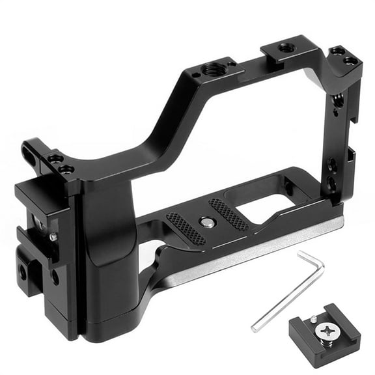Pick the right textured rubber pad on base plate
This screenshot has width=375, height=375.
pyautogui.click(x=228, y=214)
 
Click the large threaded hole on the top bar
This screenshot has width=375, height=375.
pyautogui.click(x=211, y=68)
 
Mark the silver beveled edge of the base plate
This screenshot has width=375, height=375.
pyautogui.click(x=260, y=247)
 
